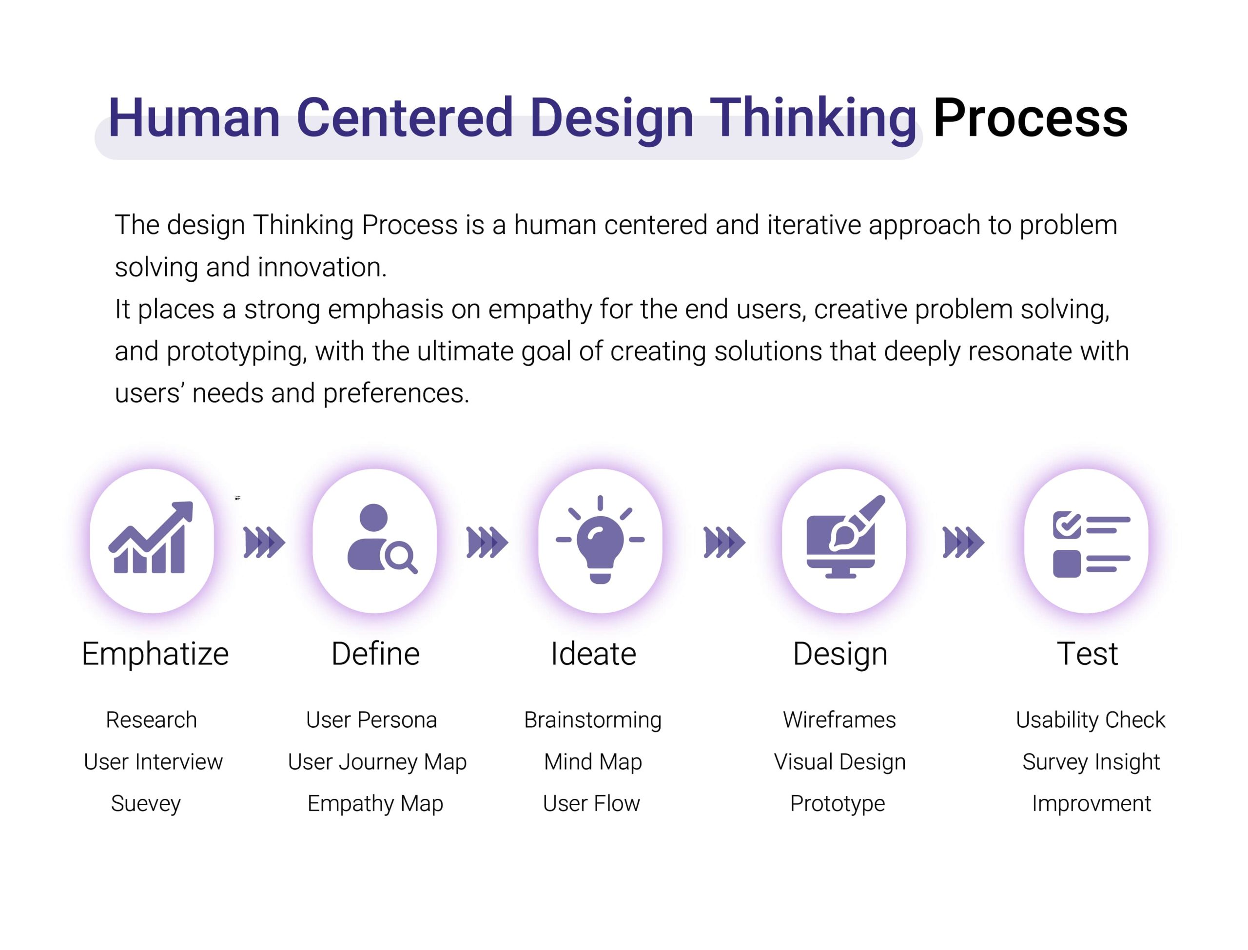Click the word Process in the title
[x=1030, y=117]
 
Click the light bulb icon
[x=600, y=540]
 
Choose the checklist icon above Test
[x=1091, y=543]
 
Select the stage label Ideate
[x=593, y=654]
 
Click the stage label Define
[x=375, y=654]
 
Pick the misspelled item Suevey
[x=146, y=804]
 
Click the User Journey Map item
[x=377, y=762]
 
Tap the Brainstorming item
[x=593, y=720]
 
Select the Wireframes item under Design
[x=839, y=720]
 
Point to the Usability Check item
[x=1090, y=720]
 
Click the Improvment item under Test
[x=1091, y=804]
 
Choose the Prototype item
[x=838, y=804]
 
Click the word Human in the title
[x=194, y=117]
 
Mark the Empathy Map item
[x=375, y=804]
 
